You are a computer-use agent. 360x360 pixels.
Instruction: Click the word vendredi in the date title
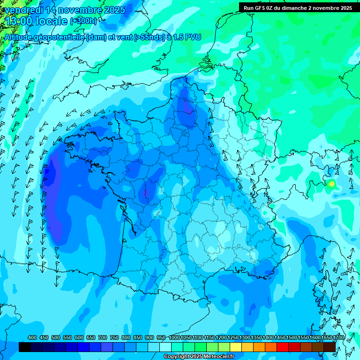[x=21, y=10]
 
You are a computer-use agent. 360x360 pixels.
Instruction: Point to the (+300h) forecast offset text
[x=84, y=21]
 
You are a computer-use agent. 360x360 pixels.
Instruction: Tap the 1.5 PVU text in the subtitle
[x=187, y=37]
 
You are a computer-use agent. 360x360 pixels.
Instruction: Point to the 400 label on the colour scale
[x=32, y=338]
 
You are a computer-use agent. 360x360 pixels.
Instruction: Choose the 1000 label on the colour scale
[x=174, y=338]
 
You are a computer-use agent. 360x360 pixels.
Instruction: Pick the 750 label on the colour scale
[x=114, y=338]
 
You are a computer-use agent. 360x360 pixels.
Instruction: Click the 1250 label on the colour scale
[x=233, y=338]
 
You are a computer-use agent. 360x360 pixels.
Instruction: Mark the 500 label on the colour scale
[x=56, y=338]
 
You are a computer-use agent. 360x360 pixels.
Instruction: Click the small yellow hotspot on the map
[x=331, y=183]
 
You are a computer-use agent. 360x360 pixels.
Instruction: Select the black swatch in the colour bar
[x=25, y=347]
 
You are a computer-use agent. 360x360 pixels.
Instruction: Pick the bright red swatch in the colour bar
[x=283, y=347]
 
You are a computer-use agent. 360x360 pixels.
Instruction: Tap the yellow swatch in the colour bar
[x=236, y=347]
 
